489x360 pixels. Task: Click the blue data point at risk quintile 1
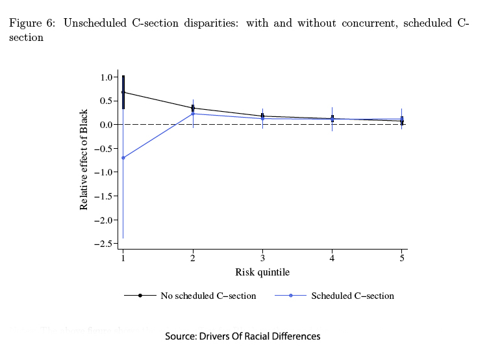123,158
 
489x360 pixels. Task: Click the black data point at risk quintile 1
123,92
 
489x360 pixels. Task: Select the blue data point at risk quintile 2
193,114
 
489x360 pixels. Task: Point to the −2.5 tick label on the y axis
103,244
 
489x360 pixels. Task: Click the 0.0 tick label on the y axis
106,125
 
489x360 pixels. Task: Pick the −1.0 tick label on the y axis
103,172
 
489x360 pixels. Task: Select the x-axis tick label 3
262,259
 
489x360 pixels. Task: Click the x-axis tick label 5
402,259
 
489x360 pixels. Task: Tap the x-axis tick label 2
193,259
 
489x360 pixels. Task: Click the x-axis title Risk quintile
262,272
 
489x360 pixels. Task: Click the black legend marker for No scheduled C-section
141,296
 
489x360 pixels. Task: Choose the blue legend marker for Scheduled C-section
292,296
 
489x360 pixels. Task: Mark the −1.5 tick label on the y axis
103,196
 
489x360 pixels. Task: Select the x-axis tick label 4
332,259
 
